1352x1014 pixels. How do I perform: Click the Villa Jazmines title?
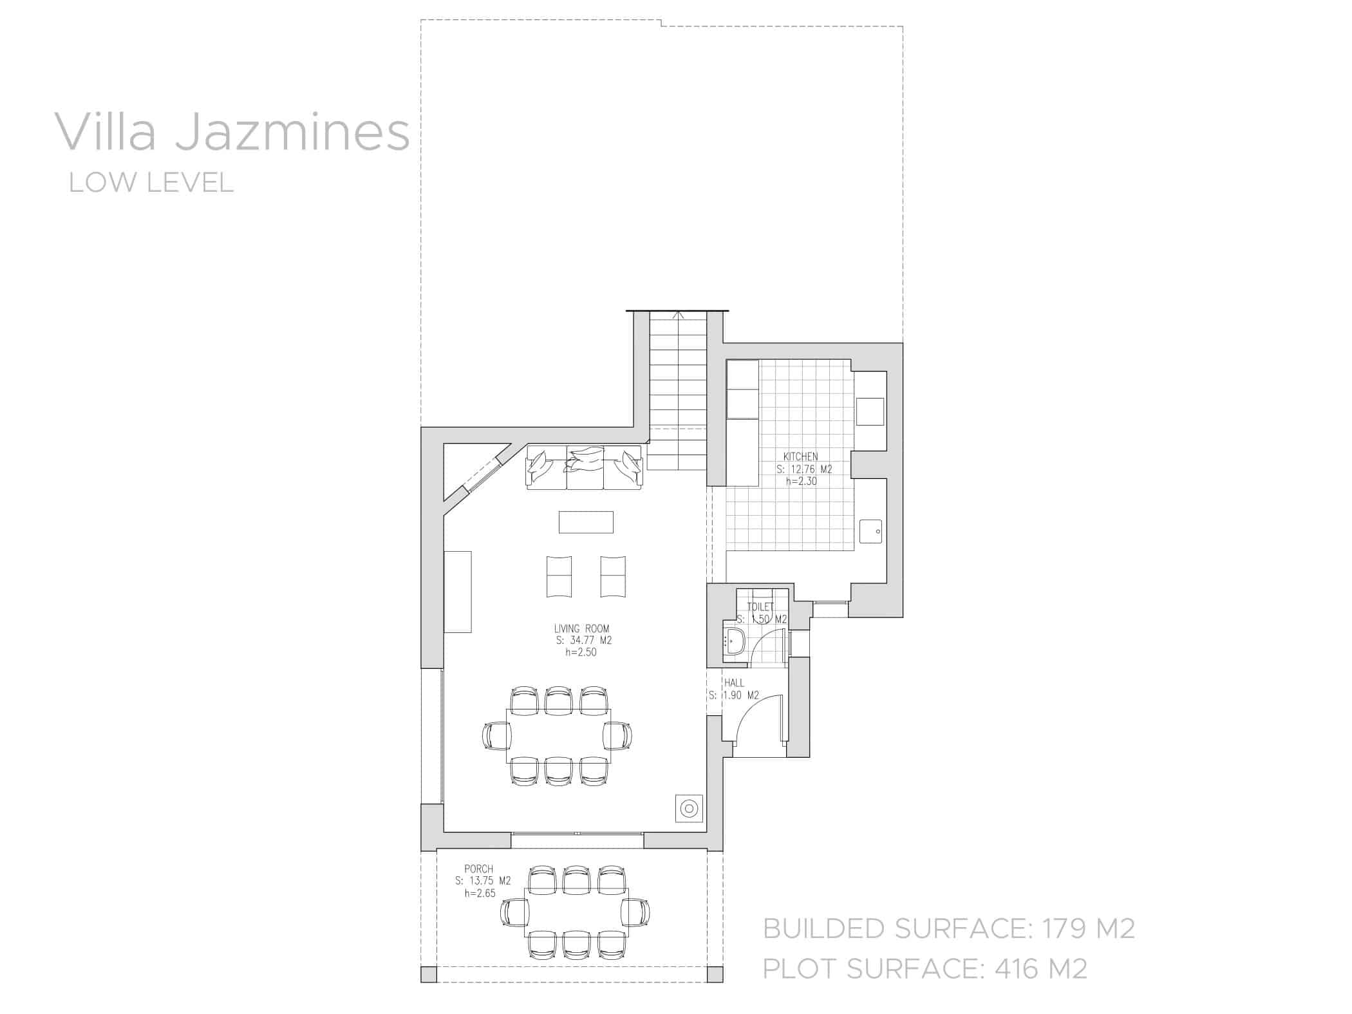232,133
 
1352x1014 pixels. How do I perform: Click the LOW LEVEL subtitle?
151,183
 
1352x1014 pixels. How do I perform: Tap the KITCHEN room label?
800,457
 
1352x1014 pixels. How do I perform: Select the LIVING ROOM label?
581,628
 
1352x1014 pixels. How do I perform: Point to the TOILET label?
760,606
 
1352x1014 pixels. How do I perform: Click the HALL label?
734,683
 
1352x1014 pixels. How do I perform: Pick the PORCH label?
478,869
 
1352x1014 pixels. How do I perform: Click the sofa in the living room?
585,467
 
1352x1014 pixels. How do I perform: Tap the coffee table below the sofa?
586,522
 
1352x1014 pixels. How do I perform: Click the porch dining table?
576,913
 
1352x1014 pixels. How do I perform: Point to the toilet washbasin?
735,641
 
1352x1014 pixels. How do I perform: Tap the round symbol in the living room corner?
689,809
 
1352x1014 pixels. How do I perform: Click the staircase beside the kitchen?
678,393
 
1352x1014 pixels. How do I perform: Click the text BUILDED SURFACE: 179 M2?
948,928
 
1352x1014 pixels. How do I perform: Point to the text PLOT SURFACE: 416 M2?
925,968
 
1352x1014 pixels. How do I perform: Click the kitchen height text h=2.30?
801,481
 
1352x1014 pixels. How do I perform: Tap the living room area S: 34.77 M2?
583,641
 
